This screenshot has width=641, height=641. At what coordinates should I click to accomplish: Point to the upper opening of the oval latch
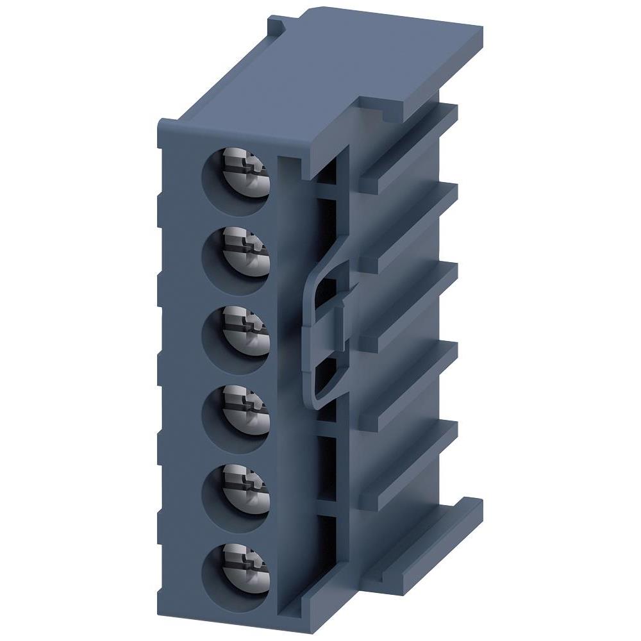pos(327,288)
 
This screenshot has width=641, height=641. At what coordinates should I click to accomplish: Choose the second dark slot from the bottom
pos(328,465)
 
